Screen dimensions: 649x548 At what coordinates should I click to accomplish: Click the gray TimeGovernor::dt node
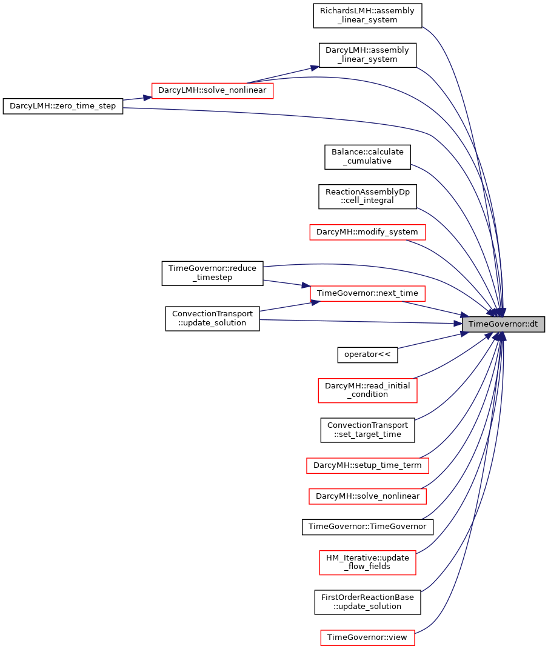click(x=503, y=324)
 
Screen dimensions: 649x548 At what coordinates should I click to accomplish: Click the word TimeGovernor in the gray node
click(x=493, y=324)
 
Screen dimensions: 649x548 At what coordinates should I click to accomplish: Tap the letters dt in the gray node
click(x=533, y=324)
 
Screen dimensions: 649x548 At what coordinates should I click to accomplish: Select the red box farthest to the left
click(x=212, y=91)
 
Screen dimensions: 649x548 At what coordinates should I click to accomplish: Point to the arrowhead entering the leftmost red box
click(x=147, y=97)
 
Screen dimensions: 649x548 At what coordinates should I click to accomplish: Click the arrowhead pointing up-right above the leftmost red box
click(x=315, y=67)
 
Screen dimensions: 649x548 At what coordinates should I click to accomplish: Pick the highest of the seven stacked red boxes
click(x=367, y=232)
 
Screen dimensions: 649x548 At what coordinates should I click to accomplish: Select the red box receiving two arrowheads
click(x=367, y=294)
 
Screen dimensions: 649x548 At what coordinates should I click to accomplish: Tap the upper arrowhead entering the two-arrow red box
click(x=306, y=285)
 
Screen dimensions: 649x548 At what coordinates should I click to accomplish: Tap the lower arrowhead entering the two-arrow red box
click(x=315, y=302)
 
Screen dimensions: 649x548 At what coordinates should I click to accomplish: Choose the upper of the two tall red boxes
click(x=367, y=390)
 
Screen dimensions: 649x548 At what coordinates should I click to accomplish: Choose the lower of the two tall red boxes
click(x=367, y=562)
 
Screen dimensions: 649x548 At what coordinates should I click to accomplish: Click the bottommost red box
click(x=367, y=637)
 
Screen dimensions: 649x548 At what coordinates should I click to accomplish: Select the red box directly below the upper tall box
click(x=367, y=465)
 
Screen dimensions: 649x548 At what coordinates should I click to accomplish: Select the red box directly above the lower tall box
click(x=367, y=496)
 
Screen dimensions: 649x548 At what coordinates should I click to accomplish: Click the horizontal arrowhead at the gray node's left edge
click(x=458, y=324)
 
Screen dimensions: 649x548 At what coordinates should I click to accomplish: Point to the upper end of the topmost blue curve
click(x=423, y=27)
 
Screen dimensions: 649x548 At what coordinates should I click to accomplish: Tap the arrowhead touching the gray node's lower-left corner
click(x=465, y=333)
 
